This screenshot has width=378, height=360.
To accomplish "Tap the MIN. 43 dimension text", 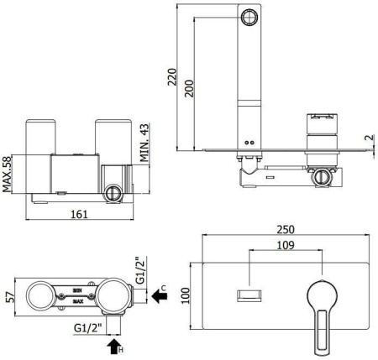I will point(144,143).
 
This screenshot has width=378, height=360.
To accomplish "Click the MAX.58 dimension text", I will point(8,174).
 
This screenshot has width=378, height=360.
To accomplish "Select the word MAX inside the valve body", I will point(77,300).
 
